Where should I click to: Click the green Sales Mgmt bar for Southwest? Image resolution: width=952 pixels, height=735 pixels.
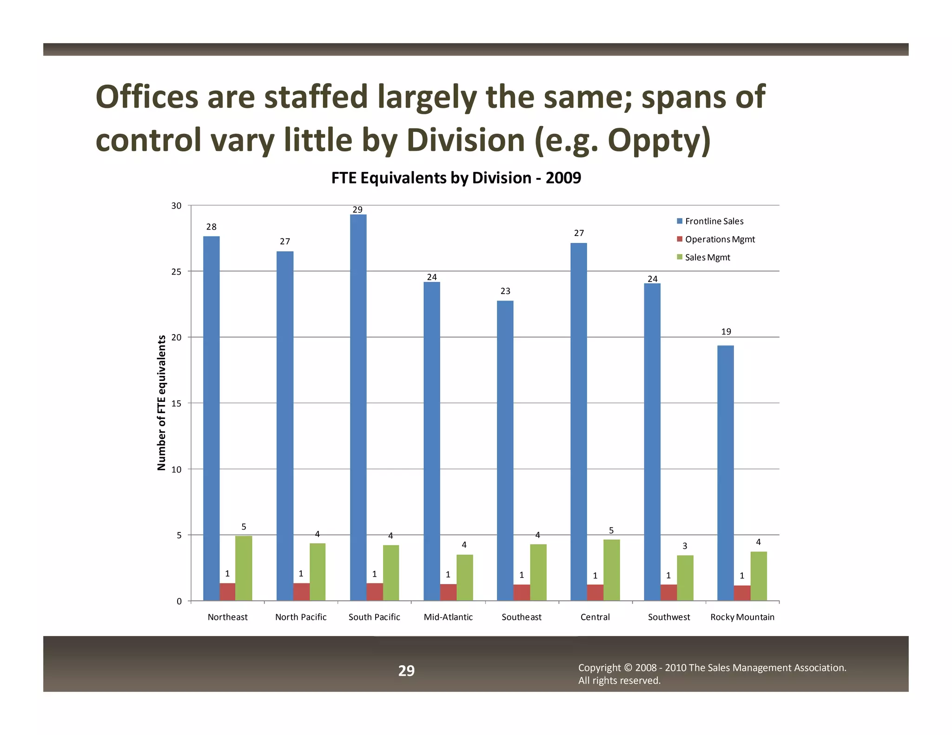[685, 578]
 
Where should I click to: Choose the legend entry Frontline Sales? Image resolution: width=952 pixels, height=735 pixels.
[714, 221]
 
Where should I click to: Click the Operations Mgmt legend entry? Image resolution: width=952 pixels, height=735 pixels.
[720, 239]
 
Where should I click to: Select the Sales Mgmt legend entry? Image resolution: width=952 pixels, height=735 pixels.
[707, 257]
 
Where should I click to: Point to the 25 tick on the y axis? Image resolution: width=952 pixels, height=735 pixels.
[176, 271]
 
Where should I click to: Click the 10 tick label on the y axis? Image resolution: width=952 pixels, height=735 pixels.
[176, 469]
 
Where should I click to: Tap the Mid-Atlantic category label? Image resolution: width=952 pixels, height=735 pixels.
[448, 617]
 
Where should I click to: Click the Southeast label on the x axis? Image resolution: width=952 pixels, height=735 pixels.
[522, 617]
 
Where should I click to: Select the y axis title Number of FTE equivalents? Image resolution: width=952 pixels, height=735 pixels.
[161, 403]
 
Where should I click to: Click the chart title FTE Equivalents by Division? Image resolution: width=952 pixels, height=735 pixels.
[456, 178]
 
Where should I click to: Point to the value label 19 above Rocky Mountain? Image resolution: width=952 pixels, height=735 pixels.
[726, 331]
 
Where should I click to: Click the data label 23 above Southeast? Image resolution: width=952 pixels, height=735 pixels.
[505, 291]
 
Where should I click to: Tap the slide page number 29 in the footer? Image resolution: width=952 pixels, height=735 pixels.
[406, 670]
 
